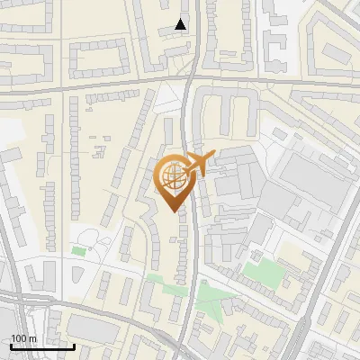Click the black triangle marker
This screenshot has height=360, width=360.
click(x=181, y=24)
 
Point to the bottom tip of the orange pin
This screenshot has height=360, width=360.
click(x=175, y=210)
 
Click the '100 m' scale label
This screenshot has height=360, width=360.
click(x=23, y=338)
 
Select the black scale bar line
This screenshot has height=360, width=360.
click(x=42, y=346)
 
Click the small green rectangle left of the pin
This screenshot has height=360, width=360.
click(x=78, y=251)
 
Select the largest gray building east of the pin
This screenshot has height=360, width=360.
click(x=310, y=184)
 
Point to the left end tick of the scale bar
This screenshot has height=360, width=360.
click(x=11, y=345)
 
